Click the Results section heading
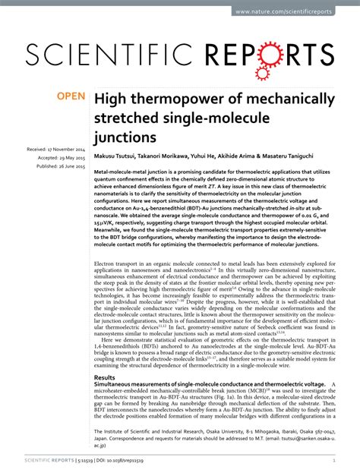(x=105, y=377)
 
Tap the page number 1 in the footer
(x=334, y=460)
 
